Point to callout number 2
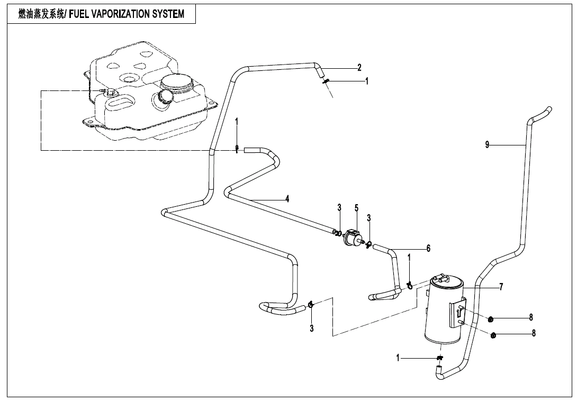coord(359,68)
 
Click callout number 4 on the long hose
coord(287,199)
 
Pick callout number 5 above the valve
coord(356,208)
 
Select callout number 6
coord(429,249)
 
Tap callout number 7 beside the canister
coord(501,287)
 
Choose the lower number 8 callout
coord(534,334)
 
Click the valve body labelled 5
coord(352,236)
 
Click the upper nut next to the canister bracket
coord(491,319)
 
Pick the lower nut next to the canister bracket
coord(494,335)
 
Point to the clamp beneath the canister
coord(439,358)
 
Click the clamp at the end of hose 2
coord(327,80)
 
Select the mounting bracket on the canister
coord(457,315)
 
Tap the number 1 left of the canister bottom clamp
coord(398,358)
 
